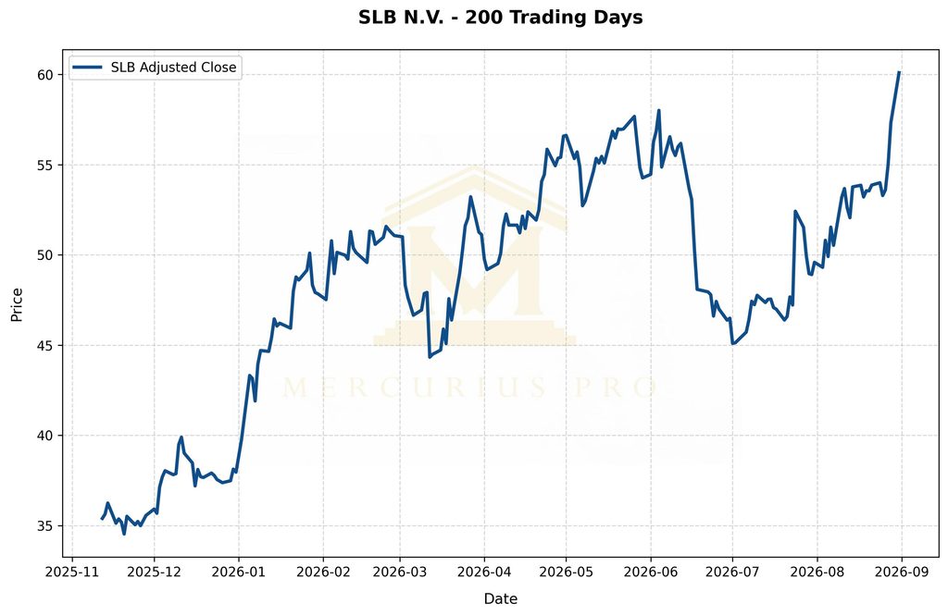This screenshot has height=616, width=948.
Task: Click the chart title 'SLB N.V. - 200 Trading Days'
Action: (501, 17)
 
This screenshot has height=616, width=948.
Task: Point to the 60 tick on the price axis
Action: (46, 75)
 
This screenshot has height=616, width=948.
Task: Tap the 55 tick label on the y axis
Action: (46, 165)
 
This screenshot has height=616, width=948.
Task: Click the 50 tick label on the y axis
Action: (46, 255)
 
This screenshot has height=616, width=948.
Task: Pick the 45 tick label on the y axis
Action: (46, 345)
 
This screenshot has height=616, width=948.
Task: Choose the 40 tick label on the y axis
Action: (46, 436)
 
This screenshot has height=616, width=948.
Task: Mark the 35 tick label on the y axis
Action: (46, 526)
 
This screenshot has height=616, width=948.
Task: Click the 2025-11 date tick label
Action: (72, 572)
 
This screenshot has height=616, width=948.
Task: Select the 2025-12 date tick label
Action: (155, 572)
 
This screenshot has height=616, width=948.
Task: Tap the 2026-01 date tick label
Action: (239, 572)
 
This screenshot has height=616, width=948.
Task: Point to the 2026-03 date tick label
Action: (400, 572)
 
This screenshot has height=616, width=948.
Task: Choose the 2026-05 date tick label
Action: (566, 572)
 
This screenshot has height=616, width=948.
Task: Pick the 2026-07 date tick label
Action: (733, 572)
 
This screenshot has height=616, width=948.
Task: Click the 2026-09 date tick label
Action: (902, 572)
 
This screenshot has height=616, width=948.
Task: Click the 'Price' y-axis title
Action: (17, 304)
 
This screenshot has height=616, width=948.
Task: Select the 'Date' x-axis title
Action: (501, 598)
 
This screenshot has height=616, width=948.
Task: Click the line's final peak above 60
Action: (899, 72)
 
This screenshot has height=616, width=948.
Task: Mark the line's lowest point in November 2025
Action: (124, 534)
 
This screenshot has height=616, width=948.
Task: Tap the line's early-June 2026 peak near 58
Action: (658, 110)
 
